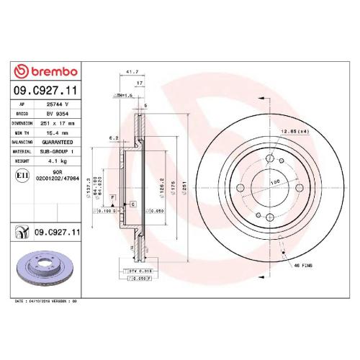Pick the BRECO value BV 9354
coord(57,114)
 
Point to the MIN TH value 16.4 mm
coord(57,132)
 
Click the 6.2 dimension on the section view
coord(113,138)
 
